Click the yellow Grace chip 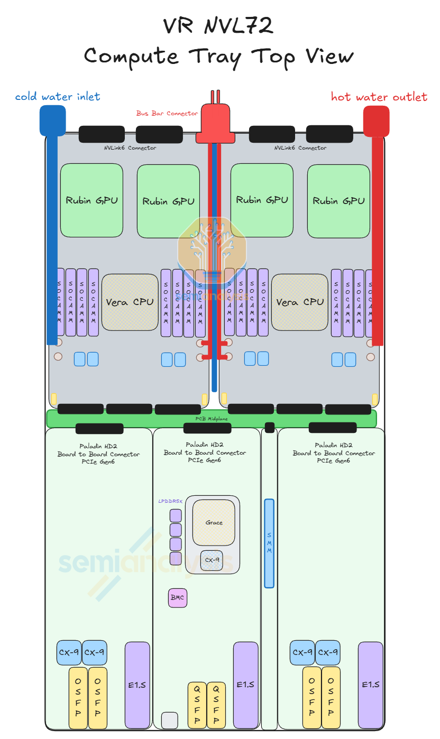click(x=214, y=522)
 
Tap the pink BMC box click(x=178, y=597)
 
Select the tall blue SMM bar click(x=269, y=543)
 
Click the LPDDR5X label click(x=170, y=501)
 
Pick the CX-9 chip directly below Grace click(x=212, y=560)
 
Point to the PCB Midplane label click(x=212, y=419)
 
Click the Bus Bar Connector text click(x=167, y=113)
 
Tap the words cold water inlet click(x=58, y=96)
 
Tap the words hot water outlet click(x=379, y=97)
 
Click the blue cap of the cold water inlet click(x=52, y=120)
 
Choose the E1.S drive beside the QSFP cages click(x=245, y=685)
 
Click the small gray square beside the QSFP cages click(x=169, y=720)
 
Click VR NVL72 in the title click(x=218, y=25)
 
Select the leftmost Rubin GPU click(x=91, y=200)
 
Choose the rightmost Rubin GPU click(x=338, y=201)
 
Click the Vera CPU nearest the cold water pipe click(x=130, y=302)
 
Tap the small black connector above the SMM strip click(x=270, y=427)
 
